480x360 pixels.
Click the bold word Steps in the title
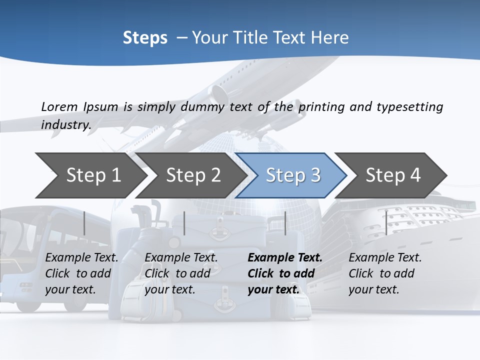(145, 38)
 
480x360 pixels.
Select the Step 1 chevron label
(93, 175)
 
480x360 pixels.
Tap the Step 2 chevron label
(193, 175)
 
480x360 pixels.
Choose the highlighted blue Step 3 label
(293, 175)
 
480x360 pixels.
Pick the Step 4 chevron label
(393, 175)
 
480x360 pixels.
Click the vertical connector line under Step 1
(84, 223)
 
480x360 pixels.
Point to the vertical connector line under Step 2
(184, 223)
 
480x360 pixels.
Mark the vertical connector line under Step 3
(285, 223)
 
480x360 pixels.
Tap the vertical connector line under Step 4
(386, 223)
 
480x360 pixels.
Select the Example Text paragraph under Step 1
(81, 273)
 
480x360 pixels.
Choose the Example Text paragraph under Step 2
(181, 273)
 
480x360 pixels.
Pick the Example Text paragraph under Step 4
(385, 273)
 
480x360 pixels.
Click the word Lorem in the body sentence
(59, 106)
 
